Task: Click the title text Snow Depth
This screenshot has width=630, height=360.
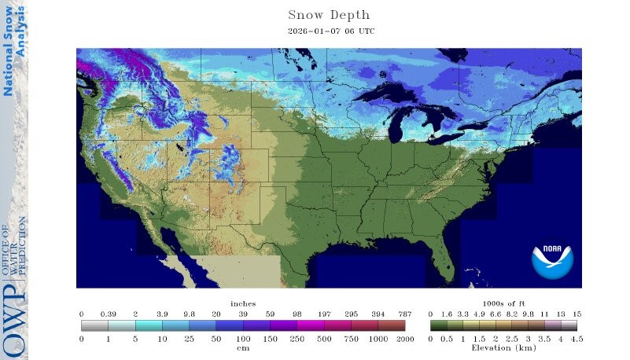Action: (x=328, y=15)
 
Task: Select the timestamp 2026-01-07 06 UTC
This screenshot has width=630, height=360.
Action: (x=328, y=31)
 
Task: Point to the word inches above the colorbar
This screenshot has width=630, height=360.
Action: (x=243, y=303)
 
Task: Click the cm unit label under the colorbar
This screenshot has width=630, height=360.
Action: (x=243, y=347)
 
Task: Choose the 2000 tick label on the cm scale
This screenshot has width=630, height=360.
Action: (x=404, y=338)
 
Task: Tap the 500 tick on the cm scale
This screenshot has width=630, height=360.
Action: (x=323, y=338)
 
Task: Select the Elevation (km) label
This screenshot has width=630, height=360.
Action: (x=503, y=347)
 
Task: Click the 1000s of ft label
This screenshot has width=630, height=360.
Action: (x=503, y=303)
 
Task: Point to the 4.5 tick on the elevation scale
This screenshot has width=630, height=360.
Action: (x=577, y=338)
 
